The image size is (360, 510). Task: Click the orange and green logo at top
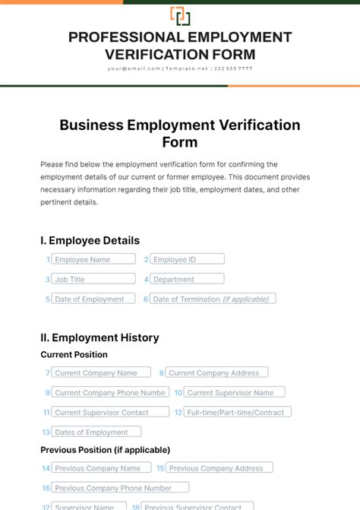tap(180, 16)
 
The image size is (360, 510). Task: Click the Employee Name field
tap(93, 259)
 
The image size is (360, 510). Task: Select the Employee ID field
tap(187, 259)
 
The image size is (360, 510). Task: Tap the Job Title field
tap(93, 279)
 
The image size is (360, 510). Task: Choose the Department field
tap(187, 279)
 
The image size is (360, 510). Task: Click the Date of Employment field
tap(93, 299)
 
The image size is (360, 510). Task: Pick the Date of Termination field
tap(213, 299)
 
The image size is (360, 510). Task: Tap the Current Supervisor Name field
tap(235, 392)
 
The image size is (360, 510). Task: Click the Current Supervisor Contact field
tap(106, 412)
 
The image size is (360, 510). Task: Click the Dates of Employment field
tap(96, 432)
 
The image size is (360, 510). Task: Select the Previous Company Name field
tap(102, 468)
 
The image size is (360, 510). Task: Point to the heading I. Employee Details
tap(90, 240)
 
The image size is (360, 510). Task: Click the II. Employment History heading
tap(99, 337)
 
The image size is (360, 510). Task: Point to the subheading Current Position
tap(74, 354)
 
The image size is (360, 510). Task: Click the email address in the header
tap(134, 68)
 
